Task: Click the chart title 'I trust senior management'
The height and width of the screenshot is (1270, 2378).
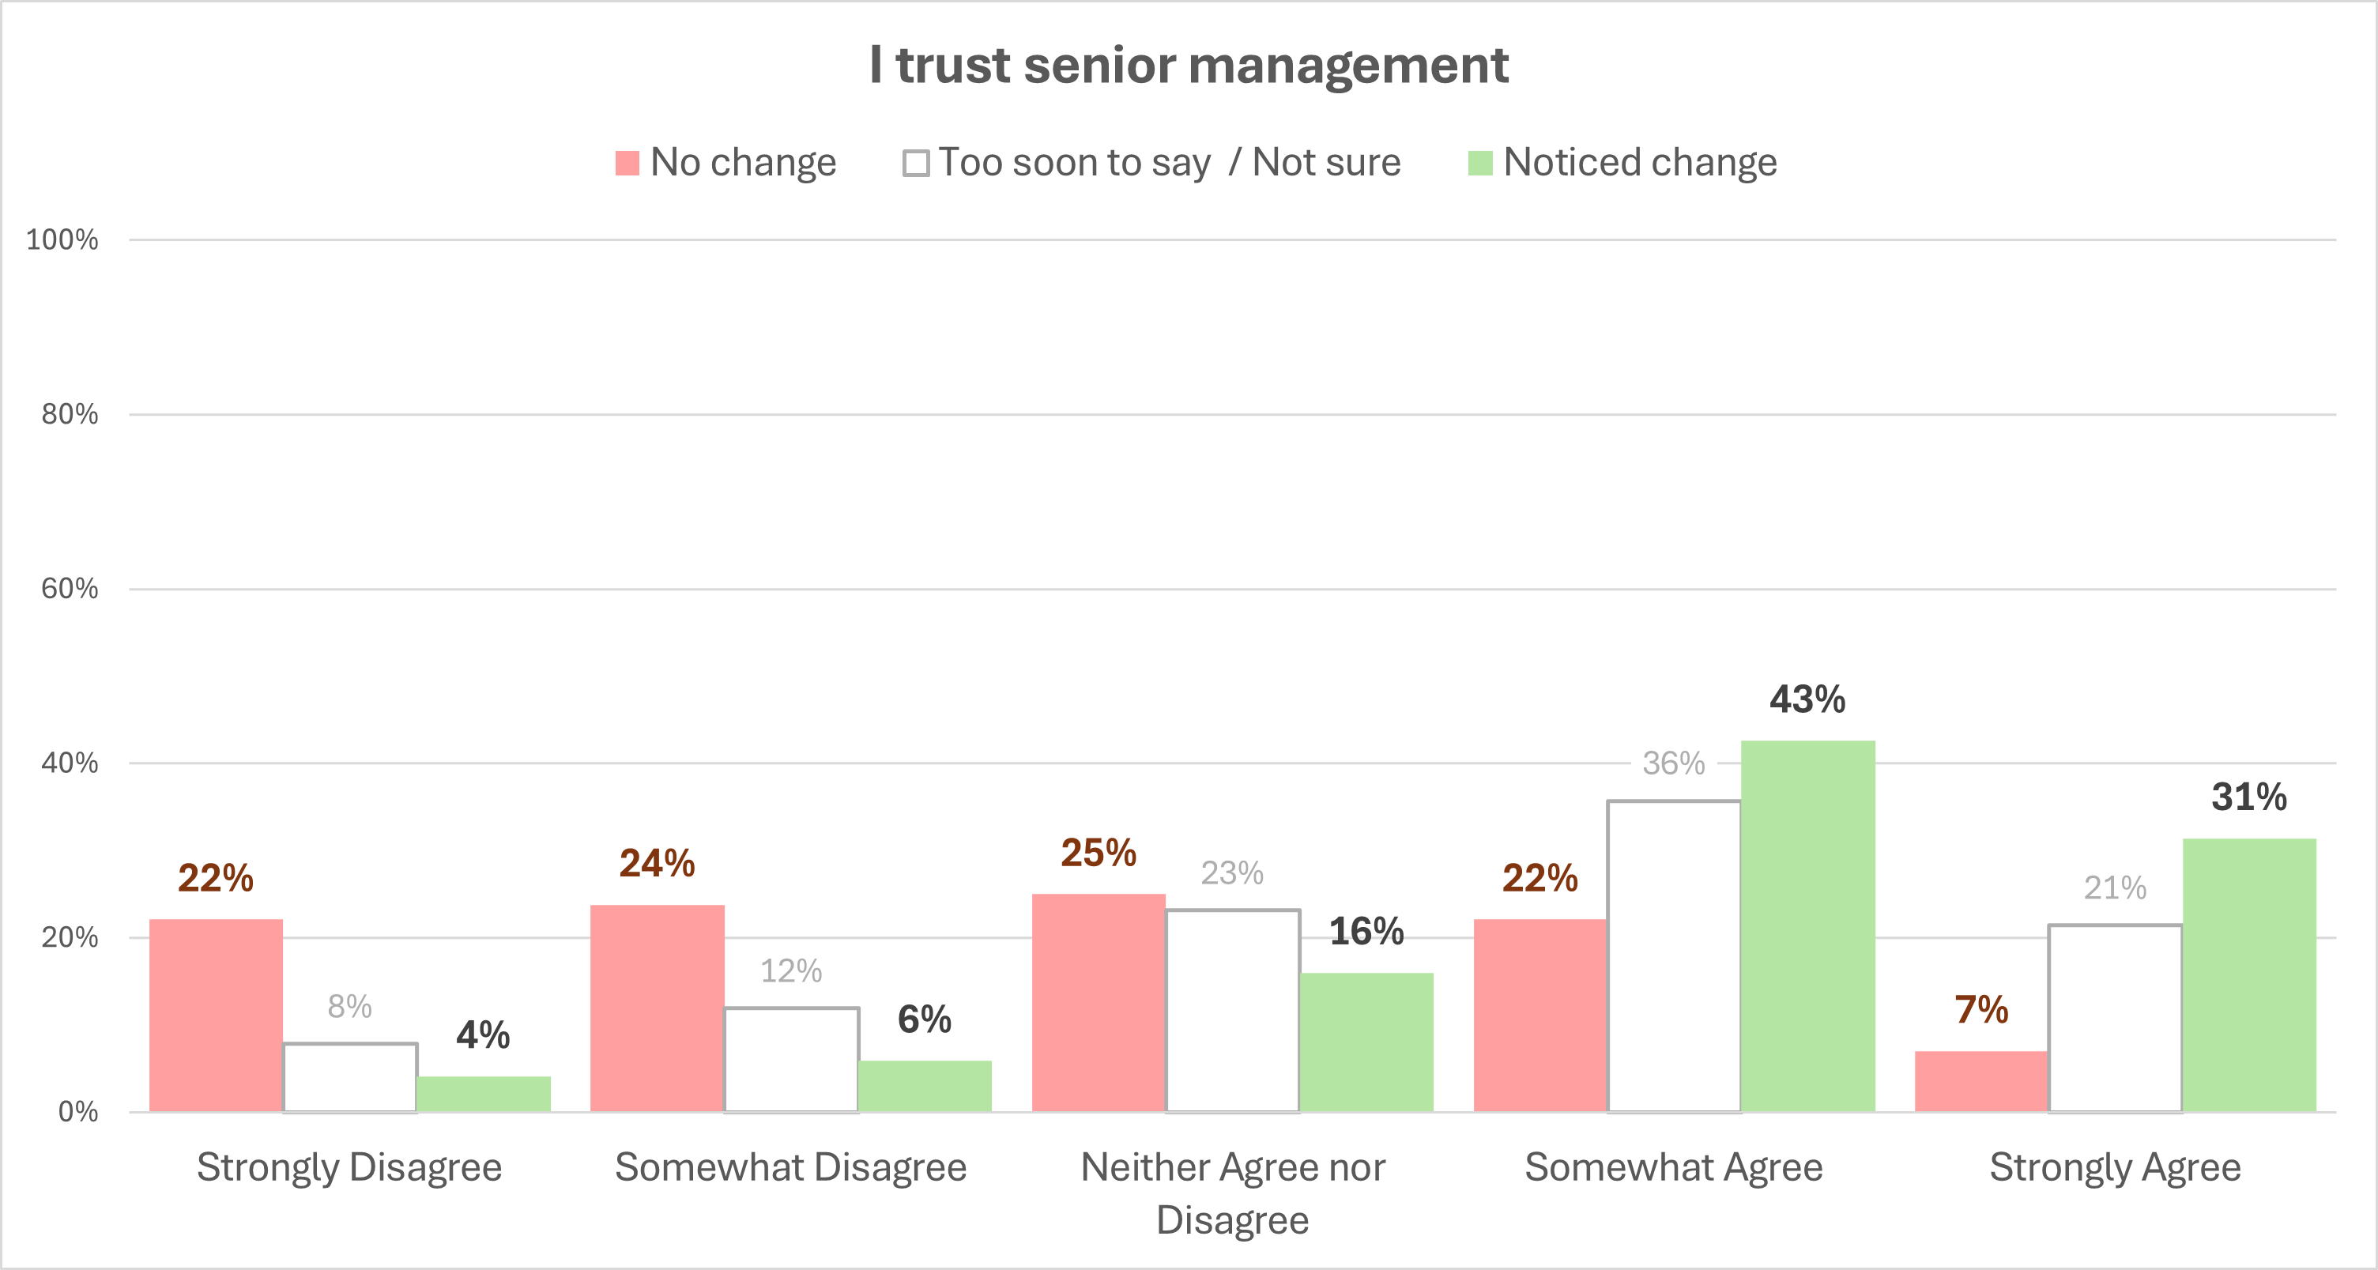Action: pyautogui.click(x=1188, y=66)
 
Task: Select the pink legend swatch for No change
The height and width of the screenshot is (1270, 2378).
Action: pyautogui.click(x=627, y=164)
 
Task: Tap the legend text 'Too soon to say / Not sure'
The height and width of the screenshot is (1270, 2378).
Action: pyautogui.click(x=1169, y=163)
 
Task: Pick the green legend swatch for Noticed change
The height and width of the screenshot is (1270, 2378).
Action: pyautogui.click(x=1479, y=164)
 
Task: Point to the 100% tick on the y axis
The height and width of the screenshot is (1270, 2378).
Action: pyautogui.click(x=62, y=240)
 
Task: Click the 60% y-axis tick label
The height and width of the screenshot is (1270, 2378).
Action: pyautogui.click(x=70, y=589)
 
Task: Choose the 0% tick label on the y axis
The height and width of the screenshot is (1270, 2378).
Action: pyautogui.click(x=77, y=1111)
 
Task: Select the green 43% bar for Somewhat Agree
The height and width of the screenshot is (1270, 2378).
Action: pyautogui.click(x=1807, y=925)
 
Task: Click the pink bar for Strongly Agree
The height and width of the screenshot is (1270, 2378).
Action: pyautogui.click(x=1981, y=1081)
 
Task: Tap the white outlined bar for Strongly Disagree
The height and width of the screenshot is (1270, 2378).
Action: pyautogui.click(x=350, y=1077)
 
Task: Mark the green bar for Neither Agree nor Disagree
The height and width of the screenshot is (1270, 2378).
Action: pyautogui.click(x=1366, y=1042)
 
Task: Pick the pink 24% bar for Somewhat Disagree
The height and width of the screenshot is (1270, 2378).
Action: pyautogui.click(x=658, y=1008)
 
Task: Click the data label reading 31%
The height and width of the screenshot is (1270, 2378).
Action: pyautogui.click(x=2248, y=797)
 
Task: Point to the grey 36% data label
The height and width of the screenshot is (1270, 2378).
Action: pyautogui.click(x=1673, y=763)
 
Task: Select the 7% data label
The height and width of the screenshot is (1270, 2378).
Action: pyautogui.click(x=1981, y=1010)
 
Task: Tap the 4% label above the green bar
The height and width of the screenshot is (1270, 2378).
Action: pyautogui.click(x=483, y=1034)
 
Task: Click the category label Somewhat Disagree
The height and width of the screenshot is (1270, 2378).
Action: pyautogui.click(x=790, y=1167)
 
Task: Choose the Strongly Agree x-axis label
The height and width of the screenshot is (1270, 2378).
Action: pyautogui.click(x=2114, y=1167)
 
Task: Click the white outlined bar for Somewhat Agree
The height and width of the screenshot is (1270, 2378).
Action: pyautogui.click(x=1674, y=956)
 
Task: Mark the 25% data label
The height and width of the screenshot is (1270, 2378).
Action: pyautogui.click(x=1098, y=853)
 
